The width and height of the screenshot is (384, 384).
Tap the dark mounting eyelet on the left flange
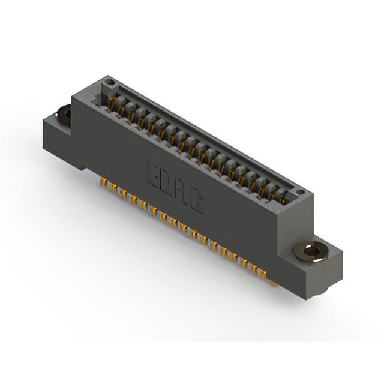coord(64,115)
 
